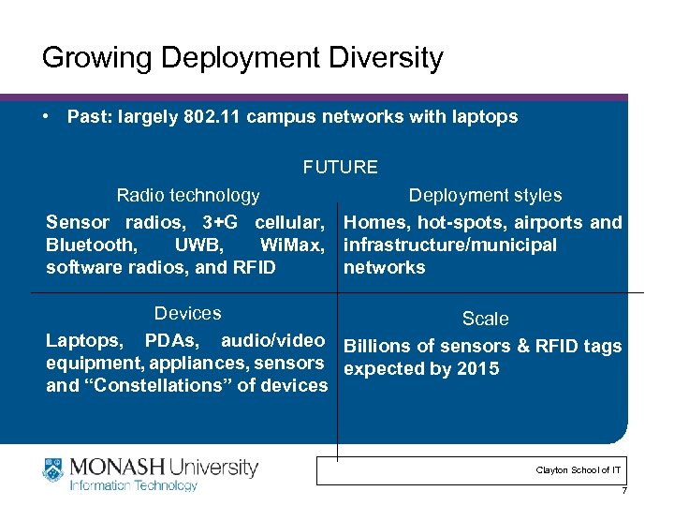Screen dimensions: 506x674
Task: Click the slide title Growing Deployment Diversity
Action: tap(242, 58)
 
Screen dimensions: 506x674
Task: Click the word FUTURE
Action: tap(340, 168)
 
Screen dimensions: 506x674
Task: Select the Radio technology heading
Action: tap(187, 195)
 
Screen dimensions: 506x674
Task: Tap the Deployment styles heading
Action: tap(485, 195)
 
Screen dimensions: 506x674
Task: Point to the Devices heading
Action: tap(187, 313)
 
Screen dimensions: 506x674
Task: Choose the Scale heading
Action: tap(485, 319)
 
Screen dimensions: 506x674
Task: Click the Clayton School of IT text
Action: tap(578, 469)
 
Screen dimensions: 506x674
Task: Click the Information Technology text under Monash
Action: tap(132, 485)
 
